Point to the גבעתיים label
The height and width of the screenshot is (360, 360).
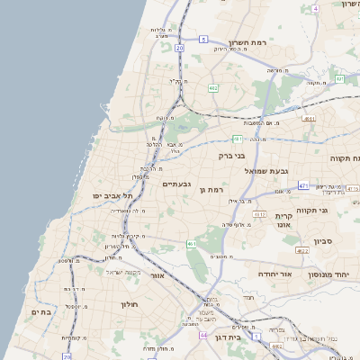click(x=175, y=184)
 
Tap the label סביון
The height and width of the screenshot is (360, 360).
click(x=325, y=241)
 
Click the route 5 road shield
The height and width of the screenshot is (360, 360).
click(x=204, y=39)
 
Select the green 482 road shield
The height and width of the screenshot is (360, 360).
click(x=212, y=88)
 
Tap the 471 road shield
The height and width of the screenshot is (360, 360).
click(x=304, y=185)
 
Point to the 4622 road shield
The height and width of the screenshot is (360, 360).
click(x=302, y=250)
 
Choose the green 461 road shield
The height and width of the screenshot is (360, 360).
click(x=192, y=243)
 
